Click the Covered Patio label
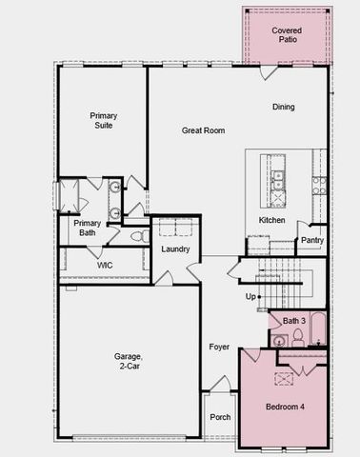(286, 36)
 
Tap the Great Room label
(203, 130)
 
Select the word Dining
(284, 108)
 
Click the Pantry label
(312, 240)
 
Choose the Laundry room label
(176, 249)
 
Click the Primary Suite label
(103, 120)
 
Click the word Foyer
(219, 347)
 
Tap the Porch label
(220, 416)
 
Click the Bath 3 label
(293, 321)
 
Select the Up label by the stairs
(251, 296)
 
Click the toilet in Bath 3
(279, 341)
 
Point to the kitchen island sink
(278, 198)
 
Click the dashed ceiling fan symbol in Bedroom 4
(285, 378)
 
